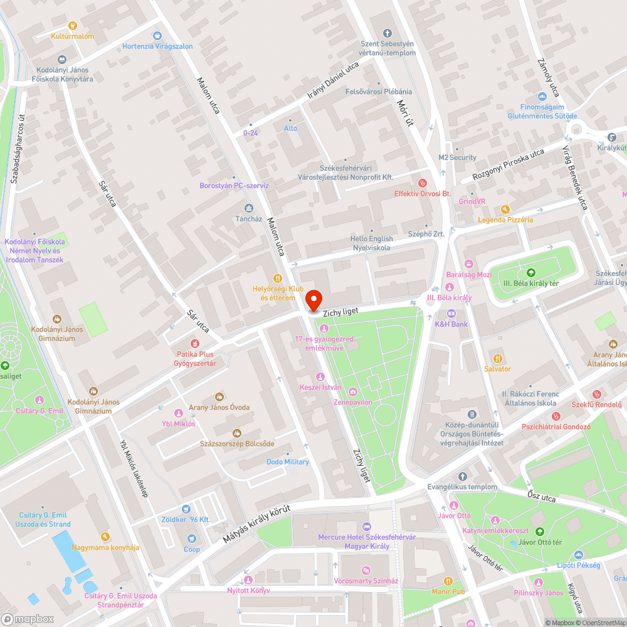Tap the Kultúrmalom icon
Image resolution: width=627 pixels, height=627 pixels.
click(x=73, y=26)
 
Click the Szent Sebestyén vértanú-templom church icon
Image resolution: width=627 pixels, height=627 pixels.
click(x=387, y=33)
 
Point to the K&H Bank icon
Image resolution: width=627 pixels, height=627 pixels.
click(x=451, y=313)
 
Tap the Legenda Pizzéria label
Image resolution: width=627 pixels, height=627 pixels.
click(x=505, y=219)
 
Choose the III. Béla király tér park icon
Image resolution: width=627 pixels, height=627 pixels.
click(x=531, y=273)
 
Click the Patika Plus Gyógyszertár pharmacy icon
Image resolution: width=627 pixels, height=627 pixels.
click(x=195, y=344)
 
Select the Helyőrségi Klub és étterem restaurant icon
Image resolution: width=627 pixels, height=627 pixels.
click(x=277, y=278)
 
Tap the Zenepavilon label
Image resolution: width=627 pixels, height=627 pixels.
click(x=353, y=402)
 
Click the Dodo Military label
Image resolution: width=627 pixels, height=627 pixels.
click(x=288, y=462)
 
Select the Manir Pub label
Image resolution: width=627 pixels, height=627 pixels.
click(x=448, y=591)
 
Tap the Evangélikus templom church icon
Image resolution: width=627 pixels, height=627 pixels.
click(x=463, y=477)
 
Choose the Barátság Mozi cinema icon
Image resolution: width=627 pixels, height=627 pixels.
click(x=468, y=264)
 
